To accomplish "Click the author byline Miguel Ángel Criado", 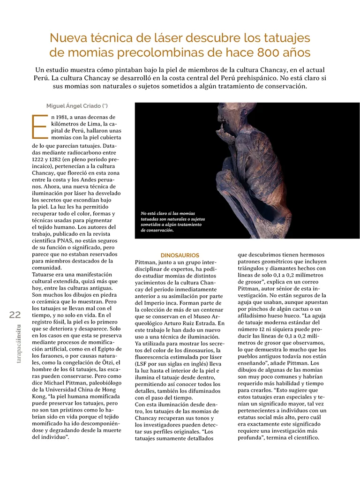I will (77, 106).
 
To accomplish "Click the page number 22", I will (15, 315).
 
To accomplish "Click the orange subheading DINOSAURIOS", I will (180, 255).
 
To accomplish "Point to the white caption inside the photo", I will (172, 222).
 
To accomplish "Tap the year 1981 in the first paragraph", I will (66, 117).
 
